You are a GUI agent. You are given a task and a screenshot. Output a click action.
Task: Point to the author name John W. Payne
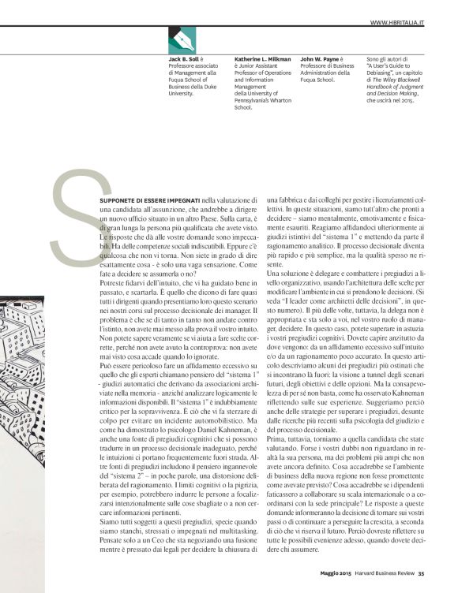(x=321, y=58)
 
